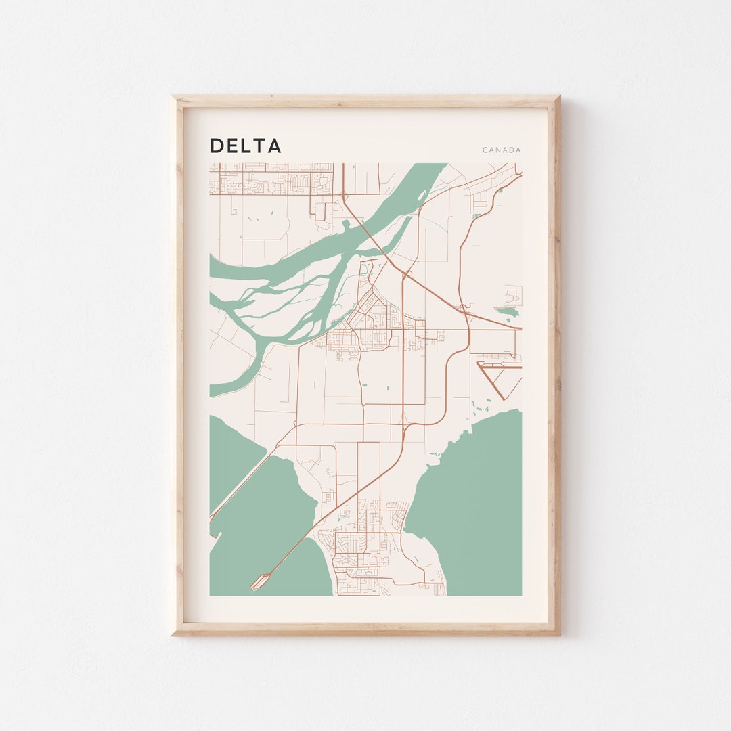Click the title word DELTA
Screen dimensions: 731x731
click(245, 146)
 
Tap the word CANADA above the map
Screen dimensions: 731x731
click(502, 150)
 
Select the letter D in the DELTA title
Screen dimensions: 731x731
click(217, 146)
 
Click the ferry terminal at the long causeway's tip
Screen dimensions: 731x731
click(261, 580)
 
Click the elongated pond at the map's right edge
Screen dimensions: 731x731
click(507, 312)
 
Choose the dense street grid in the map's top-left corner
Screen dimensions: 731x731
click(271, 179)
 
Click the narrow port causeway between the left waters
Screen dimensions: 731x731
click(244, 481)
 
